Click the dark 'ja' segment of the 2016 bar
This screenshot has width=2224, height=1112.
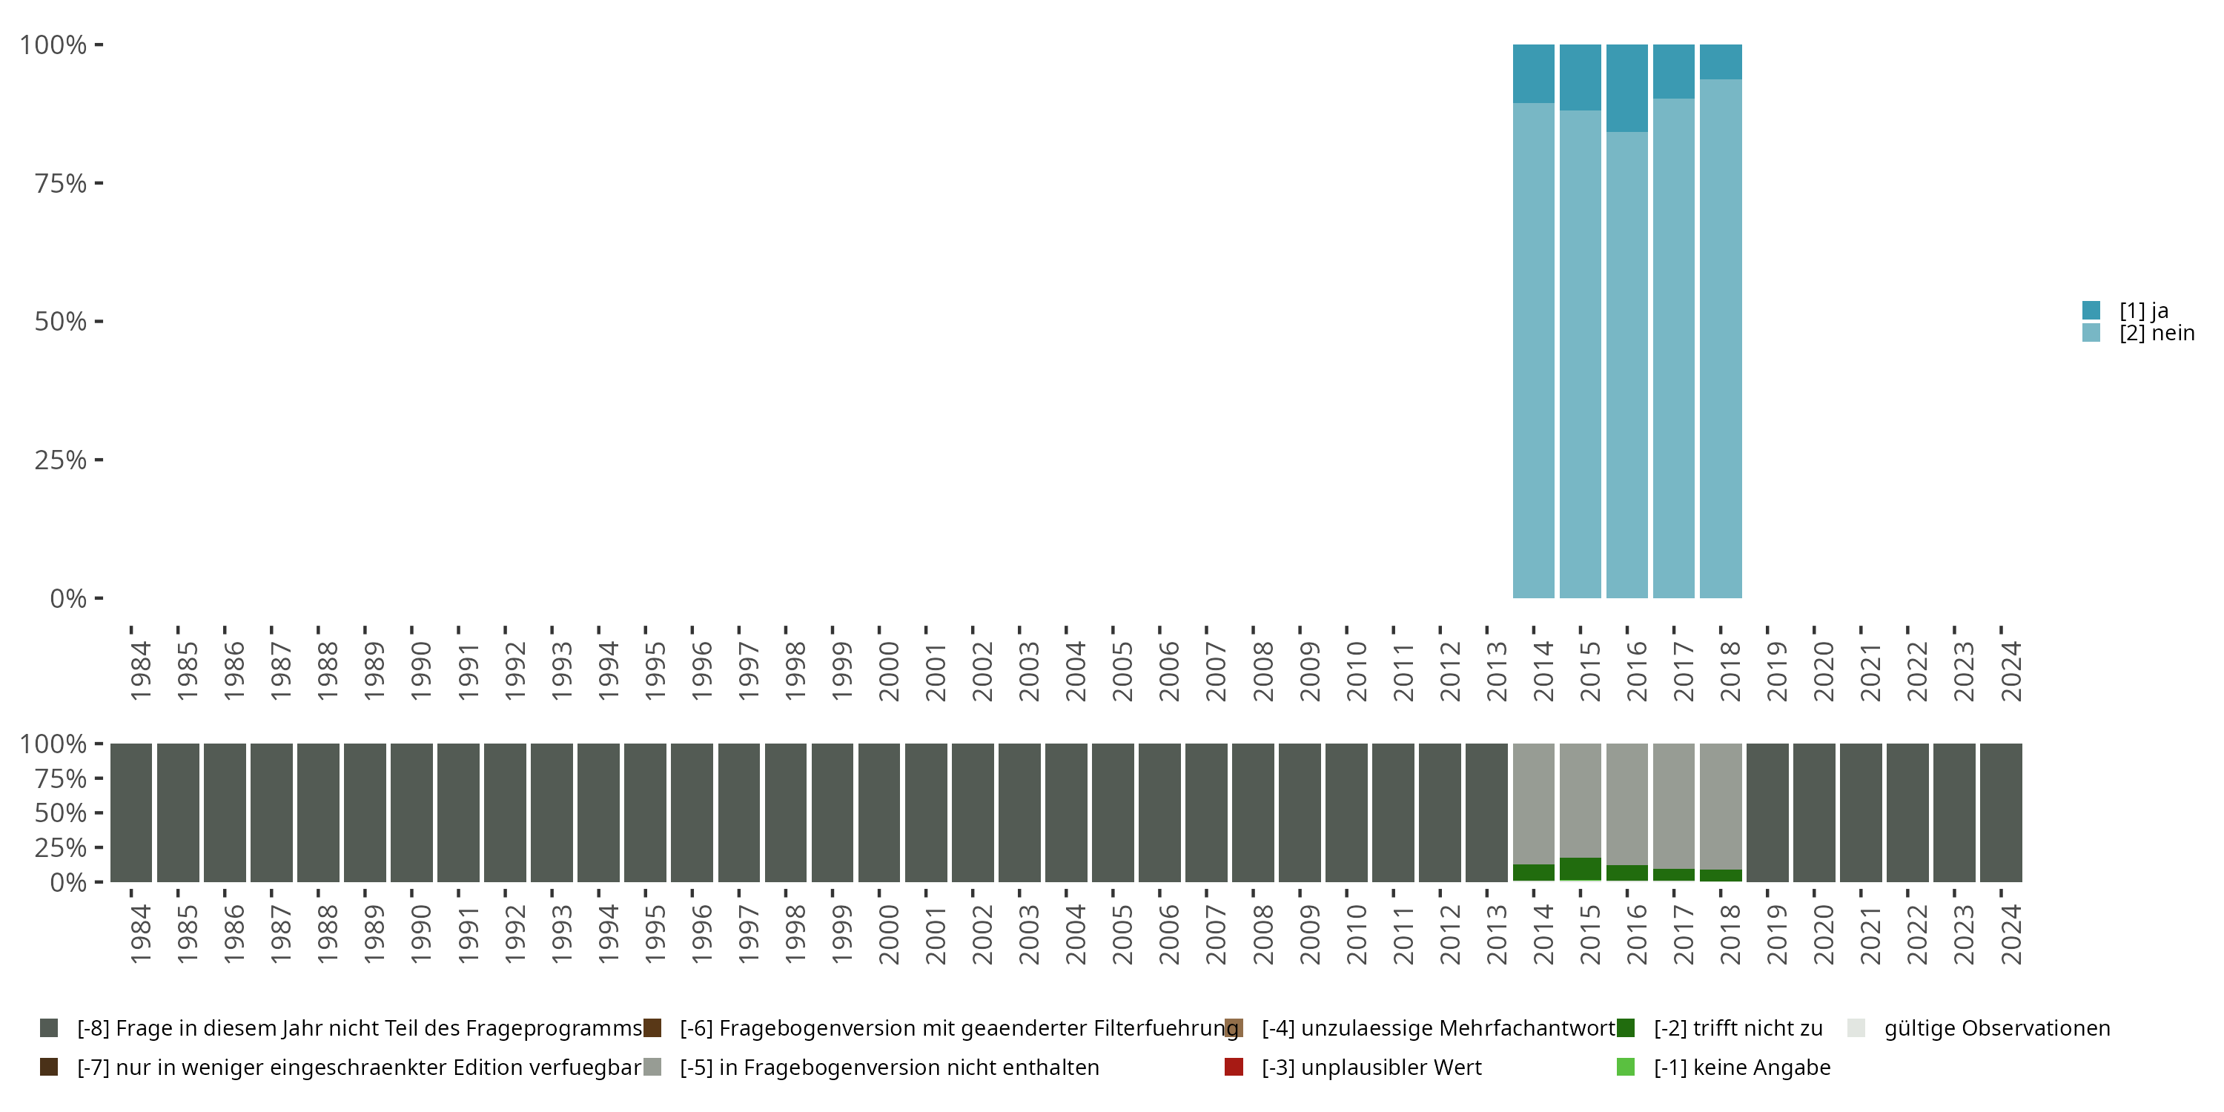pos(1626,88)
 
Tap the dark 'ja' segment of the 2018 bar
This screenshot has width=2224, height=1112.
pos(1720,62)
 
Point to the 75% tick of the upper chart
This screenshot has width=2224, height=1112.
pos(61,183)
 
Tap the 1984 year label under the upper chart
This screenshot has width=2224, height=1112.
pos(141,670)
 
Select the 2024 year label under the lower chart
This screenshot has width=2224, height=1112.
pos(2010,933)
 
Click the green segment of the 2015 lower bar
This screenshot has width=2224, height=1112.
pos(1580,869)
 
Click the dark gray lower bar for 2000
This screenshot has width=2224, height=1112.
pos(879,813)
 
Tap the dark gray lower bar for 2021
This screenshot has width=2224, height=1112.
pos(1861,813)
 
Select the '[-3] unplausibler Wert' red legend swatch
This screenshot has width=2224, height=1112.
pos(1234,1067)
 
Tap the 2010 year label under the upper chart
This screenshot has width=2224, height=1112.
pos(1357,670)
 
